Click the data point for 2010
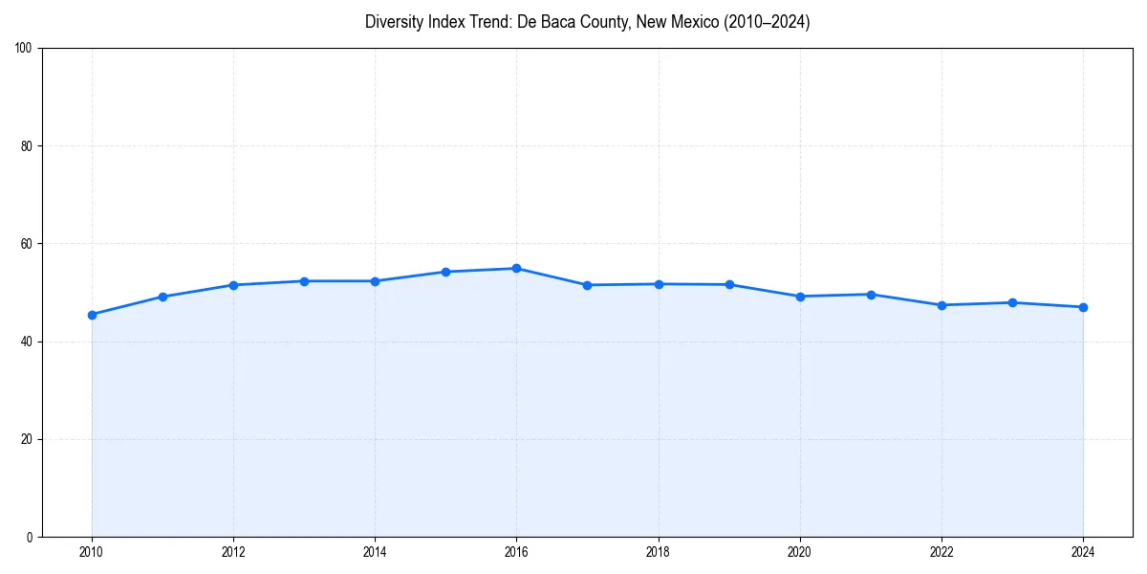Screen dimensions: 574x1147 (92, 315)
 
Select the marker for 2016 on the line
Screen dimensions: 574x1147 (516, 268)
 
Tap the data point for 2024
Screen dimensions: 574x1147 (1083, 307)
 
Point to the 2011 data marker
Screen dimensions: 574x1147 (162, 297)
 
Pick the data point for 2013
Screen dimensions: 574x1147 (304, 281)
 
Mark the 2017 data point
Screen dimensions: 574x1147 (587, 285)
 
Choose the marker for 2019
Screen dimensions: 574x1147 (729, 284)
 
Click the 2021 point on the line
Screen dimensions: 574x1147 (871, 295)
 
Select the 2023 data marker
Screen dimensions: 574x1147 (1012, 302)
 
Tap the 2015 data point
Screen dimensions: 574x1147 (445, 272)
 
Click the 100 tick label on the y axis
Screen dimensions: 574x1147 (24, 49)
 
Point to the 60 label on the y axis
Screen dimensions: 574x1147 (27, 244)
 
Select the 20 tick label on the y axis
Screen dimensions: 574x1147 (27, 439)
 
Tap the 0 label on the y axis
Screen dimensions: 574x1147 (30, 537)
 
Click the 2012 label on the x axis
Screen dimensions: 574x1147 (233, 552)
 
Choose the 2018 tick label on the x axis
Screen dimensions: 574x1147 (658, 552)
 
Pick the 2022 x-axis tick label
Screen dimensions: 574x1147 (941, 552)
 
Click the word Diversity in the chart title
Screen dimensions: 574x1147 (393, 22)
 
